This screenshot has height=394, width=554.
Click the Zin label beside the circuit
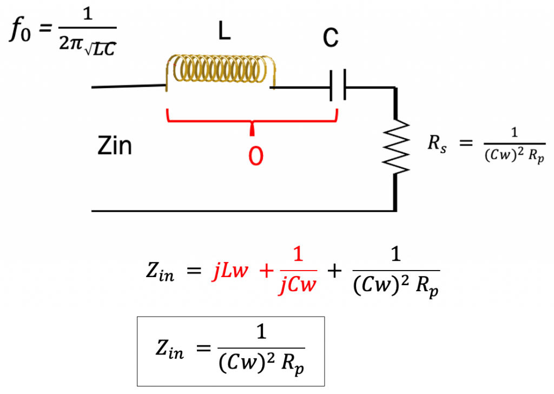click(x=114, y=146)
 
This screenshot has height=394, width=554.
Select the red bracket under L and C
click(x=253, y=119)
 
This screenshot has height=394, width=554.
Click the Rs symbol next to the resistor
click(x=437, y=145)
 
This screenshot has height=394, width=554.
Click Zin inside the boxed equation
click(x=168, y=351)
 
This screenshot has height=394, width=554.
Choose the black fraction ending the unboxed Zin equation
click(x=395, y=272)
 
